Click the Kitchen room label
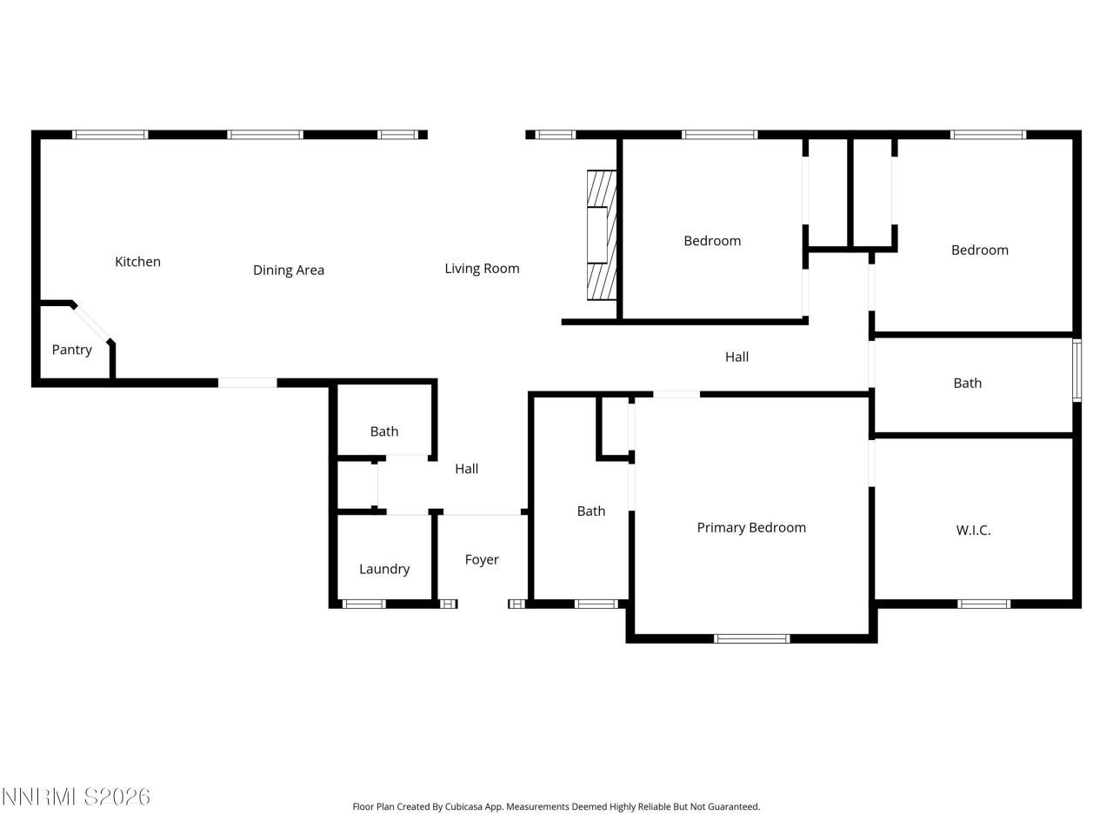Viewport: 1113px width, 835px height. pos(137,261)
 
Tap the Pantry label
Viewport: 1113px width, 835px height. pos(71,349)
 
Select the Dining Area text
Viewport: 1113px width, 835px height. pos(288,270)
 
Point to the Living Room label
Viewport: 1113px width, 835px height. pos(482,268)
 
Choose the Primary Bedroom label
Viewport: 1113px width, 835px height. pos(751,527)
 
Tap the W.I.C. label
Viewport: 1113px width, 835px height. pos(973,530)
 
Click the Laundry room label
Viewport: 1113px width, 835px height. pos(383,569)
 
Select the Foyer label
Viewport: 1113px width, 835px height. pos(482,559)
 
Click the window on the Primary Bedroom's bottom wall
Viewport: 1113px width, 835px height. pos(751,638)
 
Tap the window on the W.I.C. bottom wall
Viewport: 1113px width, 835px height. pos(983,604)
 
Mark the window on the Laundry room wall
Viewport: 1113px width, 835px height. pos(363,604)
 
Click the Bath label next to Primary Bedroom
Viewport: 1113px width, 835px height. pos(591,511)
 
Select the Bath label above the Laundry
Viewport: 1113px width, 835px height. pos(384,431)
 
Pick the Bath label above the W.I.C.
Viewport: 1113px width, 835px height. pos(967,383)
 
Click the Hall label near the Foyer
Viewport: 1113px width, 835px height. pos(466,468)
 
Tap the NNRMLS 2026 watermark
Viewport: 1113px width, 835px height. pos(76,796)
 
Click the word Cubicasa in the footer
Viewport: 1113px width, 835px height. pos(463,806)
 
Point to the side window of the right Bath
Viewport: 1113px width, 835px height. pos(1076,370)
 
